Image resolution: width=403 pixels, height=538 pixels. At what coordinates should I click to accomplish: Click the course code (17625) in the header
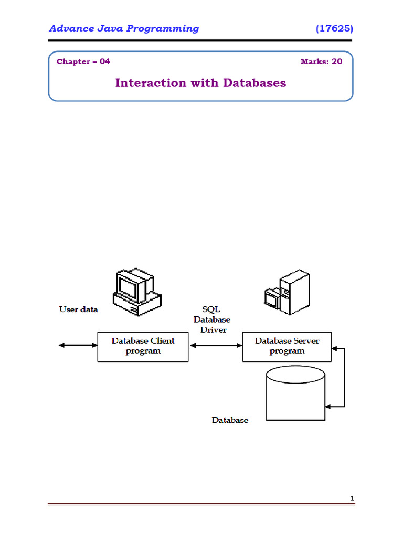(x=334, y=28)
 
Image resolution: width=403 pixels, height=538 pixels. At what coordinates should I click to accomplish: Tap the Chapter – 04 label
(x=83, y=61)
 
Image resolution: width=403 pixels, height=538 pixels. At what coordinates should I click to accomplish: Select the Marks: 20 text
(x=321, y=61)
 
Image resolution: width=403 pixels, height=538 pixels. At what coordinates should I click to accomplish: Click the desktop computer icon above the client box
(x=135, y=292)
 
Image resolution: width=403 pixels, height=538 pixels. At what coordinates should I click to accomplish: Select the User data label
(x=79, y=309)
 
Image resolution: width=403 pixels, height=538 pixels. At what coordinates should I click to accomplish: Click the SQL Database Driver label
(x=211, y=319)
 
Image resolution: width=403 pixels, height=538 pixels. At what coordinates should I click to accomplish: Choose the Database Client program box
(x=143, y=346)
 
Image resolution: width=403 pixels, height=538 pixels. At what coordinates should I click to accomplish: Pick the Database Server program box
(x=287, y=346)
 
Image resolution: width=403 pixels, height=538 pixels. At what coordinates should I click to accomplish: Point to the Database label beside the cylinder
(x=230, y=420)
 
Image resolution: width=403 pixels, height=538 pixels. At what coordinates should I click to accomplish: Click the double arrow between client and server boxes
(x=215, y=345)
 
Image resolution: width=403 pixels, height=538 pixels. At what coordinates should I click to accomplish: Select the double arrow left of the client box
(x=78, y=345)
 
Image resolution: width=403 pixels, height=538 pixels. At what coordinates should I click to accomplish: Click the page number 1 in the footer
(x=353, y=498)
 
